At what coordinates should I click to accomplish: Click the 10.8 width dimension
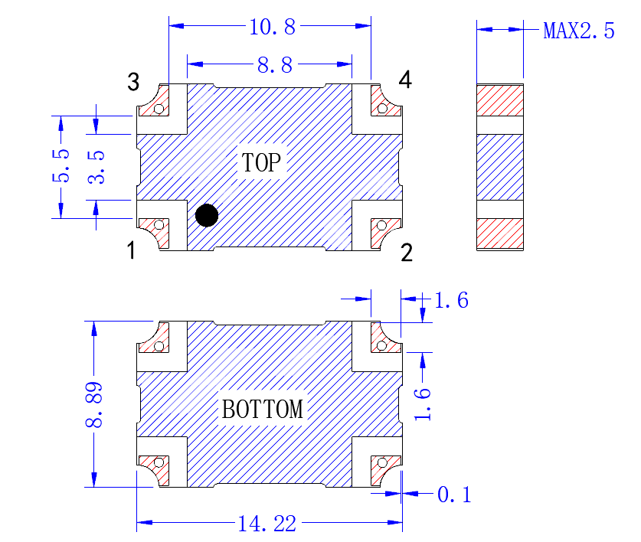tap(272, 28)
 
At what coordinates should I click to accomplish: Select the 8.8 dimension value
tap(275, 65)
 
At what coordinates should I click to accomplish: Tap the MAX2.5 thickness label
tap(578, 31)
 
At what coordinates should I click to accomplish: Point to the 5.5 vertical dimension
tap(61, 165)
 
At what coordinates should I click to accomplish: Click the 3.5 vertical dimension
tap(96, 167)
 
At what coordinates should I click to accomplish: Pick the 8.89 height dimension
tap(93, 405)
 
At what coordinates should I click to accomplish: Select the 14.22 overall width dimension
tap(267, 524)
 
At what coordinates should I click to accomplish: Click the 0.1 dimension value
tap(454, 495)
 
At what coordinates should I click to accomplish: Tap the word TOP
tap(261, 162)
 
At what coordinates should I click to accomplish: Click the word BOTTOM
tap(263, 409)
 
